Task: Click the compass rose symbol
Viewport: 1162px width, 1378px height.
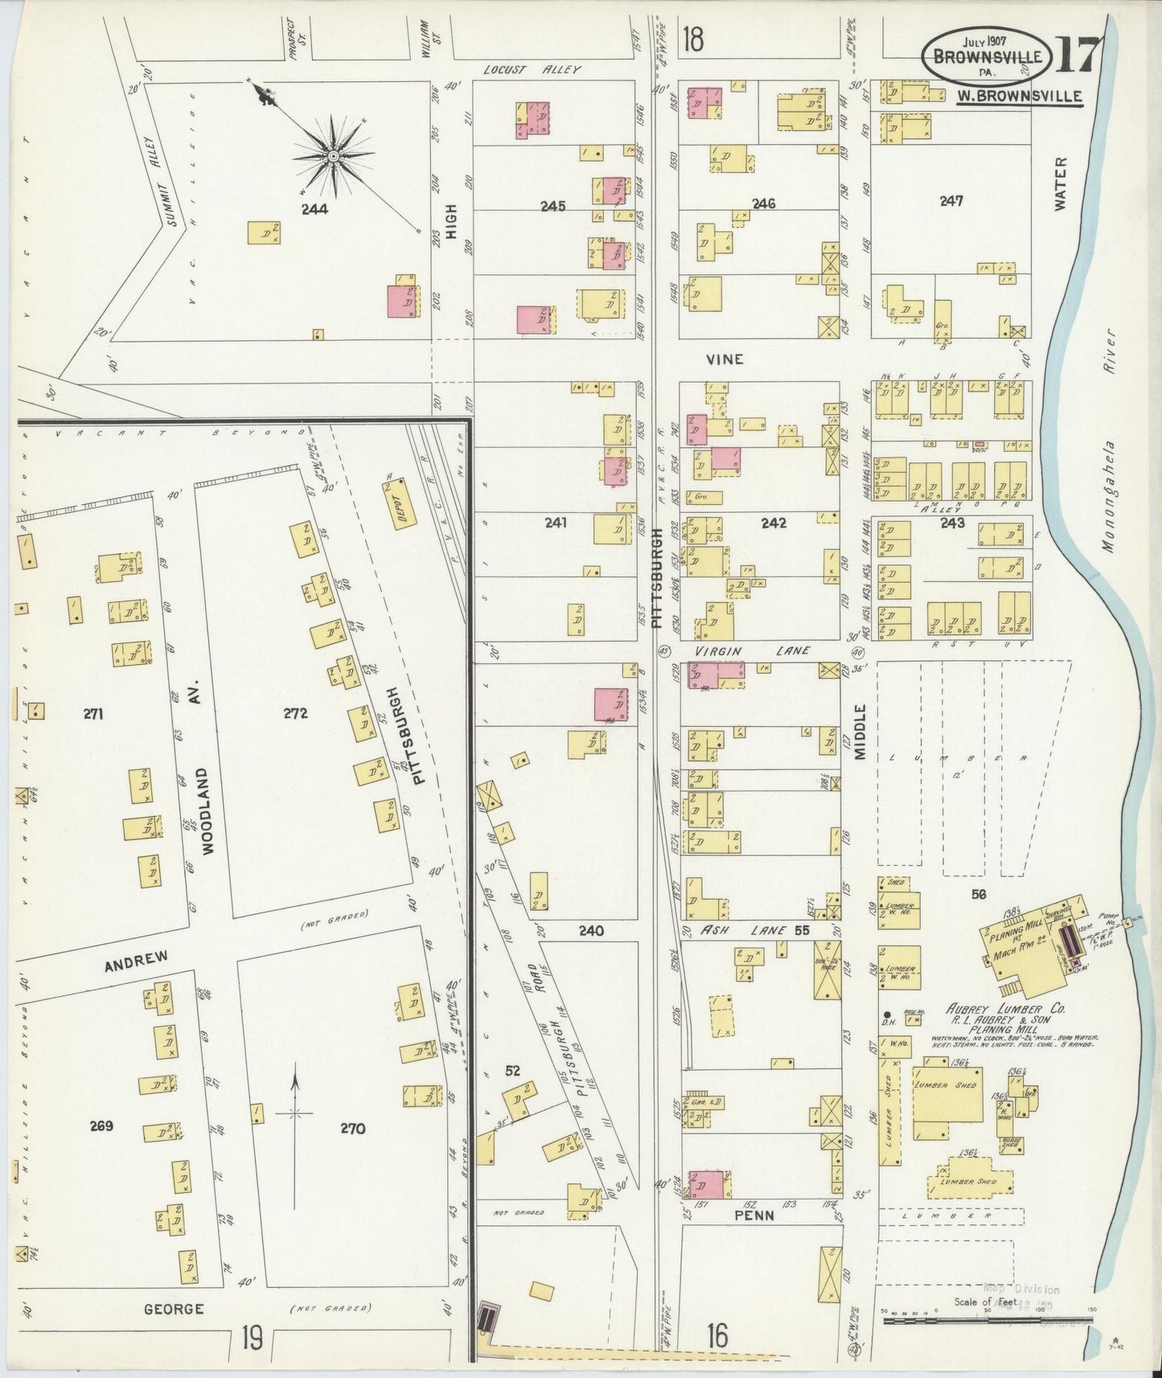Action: pos(333,156)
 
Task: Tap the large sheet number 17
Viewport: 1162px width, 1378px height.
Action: pos(1076,58)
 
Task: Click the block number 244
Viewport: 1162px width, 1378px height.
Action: pos(314,209)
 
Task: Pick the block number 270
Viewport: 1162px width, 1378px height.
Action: pos(352,1128)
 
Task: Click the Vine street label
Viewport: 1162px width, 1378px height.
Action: pos(724,359)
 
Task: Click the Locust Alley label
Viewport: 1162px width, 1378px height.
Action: pos(532,70)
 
